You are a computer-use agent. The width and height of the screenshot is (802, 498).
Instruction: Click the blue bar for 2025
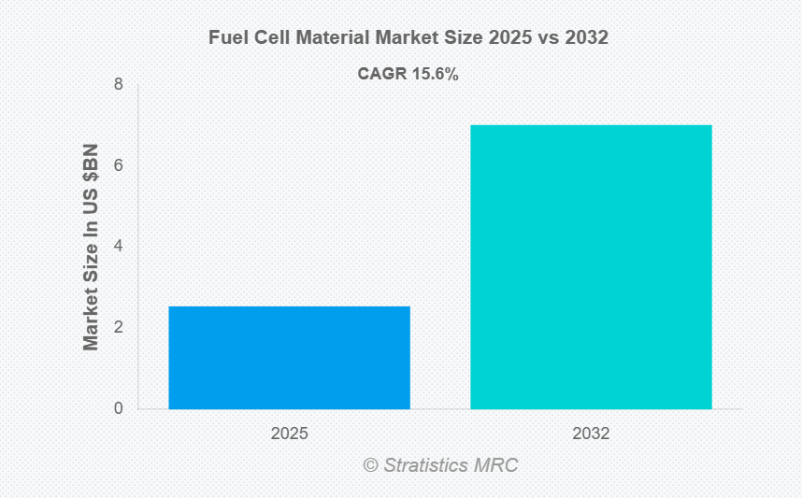coord(289,357)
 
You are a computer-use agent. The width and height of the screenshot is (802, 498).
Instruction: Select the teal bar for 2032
coord(591,266)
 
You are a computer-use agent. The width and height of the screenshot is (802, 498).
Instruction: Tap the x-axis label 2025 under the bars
coord(289,434)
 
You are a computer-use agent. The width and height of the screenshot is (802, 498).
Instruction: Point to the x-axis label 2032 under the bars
coord(591,434)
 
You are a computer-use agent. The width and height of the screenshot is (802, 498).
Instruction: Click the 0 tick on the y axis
coord(119,408)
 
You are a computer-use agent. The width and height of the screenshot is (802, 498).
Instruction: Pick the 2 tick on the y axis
coord(119,327)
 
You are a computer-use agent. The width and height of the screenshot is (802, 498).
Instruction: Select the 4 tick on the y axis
coord(119,247)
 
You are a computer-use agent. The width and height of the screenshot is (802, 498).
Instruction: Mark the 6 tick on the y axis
coord(119,165)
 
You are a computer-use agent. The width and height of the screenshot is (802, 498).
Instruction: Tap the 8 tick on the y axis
coord(119,85)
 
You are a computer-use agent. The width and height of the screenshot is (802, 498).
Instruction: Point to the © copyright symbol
coord(370,464)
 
